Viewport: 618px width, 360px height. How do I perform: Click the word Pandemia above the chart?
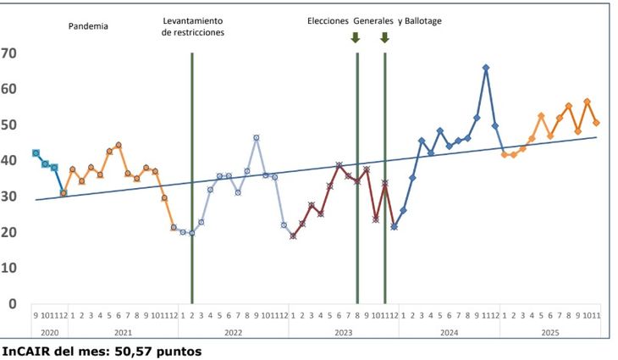click(88, 26)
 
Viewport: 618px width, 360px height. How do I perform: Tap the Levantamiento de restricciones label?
click(192, 26)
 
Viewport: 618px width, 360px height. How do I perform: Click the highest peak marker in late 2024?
click(486, 68)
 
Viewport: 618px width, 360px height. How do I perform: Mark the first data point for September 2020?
click(36, 153)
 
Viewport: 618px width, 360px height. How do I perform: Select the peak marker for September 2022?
click(257, 137)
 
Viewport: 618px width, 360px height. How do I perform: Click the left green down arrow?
click(356, 37)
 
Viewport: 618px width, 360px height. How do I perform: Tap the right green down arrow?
click(384, 37)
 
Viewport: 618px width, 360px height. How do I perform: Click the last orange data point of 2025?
click(596, 123)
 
